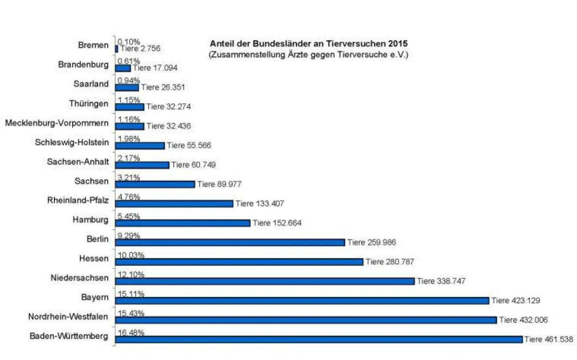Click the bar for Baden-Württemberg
[x=319, y=339]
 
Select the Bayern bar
[x=302, y=300]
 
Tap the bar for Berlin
[x=230, y=242]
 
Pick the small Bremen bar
[x=116, y=49]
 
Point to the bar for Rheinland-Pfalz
[x=174, y=204]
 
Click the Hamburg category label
[x=90, y=220]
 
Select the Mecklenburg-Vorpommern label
[x=57, y=123]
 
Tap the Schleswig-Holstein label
[x=72, y=142]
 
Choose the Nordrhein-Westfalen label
[x=68, y=316]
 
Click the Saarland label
[x=91, y=84]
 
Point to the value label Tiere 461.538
[x=549, y=339]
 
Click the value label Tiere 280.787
[x=390, y=261]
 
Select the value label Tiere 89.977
[x=219, y=184]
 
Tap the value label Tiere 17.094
[x=155, y=68]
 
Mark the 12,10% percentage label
[x=131, y=274]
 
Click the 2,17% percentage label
[x=129, y=158]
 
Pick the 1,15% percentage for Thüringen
[x=129, y=99]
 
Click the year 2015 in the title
[x=398, y=44]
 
